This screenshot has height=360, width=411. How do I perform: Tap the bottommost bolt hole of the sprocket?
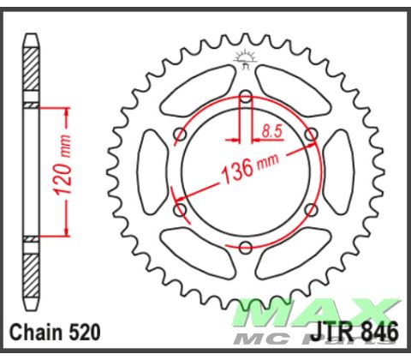point(245,248)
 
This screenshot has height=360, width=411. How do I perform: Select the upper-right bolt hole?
point(311,134)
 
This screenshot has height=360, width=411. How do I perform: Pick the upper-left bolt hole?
point(179,134)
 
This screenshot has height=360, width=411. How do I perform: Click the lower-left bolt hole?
point(179,210)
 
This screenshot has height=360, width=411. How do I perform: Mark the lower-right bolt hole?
point(311,210)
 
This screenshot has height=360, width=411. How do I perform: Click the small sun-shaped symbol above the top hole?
point(245,61)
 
